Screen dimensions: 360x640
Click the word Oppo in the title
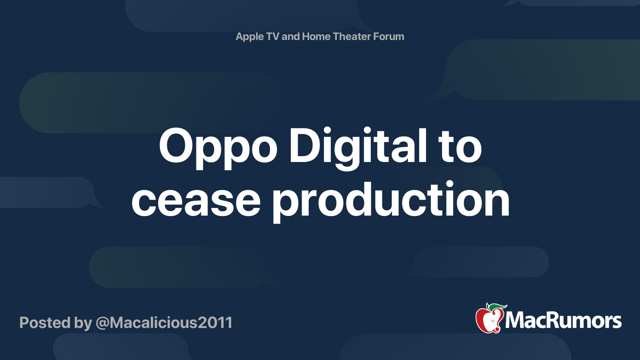[218, 147]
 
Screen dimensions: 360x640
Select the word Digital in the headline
[358, 147]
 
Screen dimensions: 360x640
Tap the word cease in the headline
[196, 201]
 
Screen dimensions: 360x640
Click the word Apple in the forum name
[250, 37]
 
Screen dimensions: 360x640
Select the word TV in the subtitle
[272, 36]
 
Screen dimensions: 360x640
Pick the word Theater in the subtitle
[352, 36]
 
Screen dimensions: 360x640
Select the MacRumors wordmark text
[563, 321]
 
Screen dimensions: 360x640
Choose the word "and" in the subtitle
[291, 36]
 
